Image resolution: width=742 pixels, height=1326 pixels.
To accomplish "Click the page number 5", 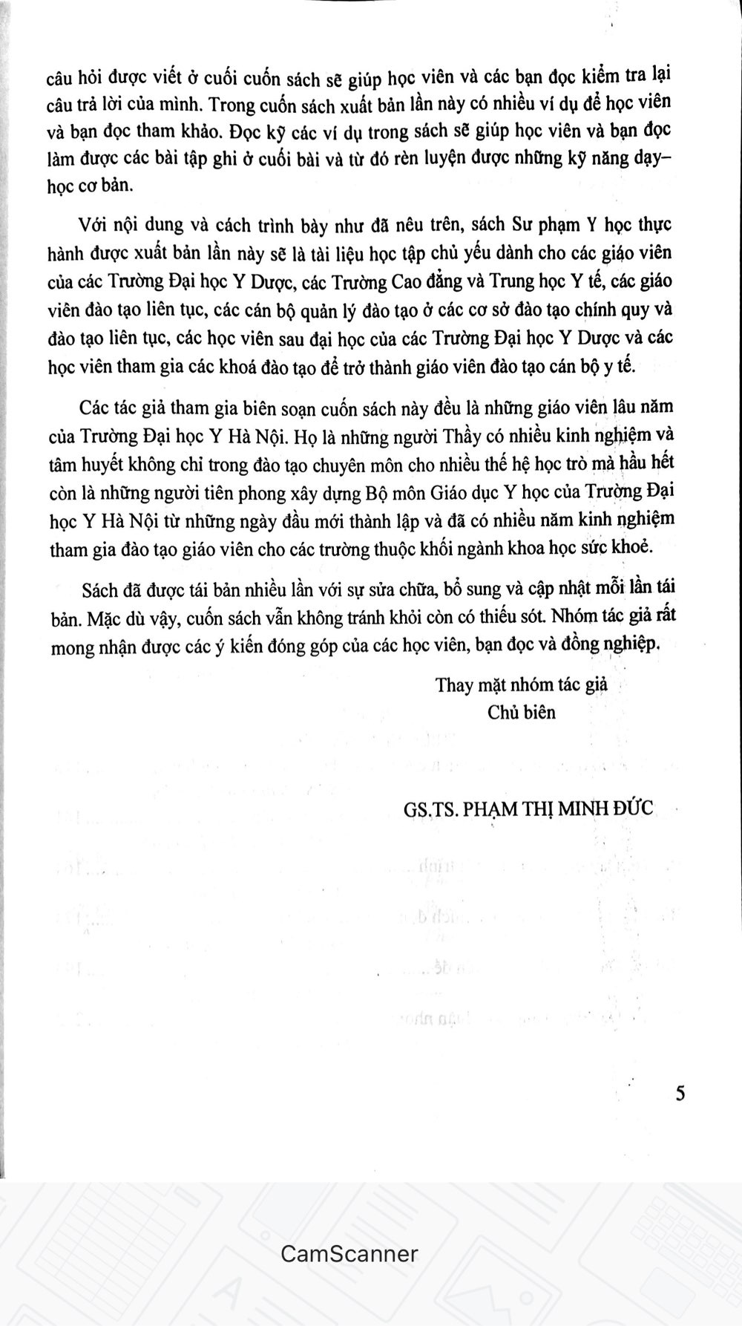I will [680, 1094].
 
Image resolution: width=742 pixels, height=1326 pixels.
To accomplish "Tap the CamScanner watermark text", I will [349, 1254].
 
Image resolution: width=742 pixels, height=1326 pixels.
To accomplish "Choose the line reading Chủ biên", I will [521, 712].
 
